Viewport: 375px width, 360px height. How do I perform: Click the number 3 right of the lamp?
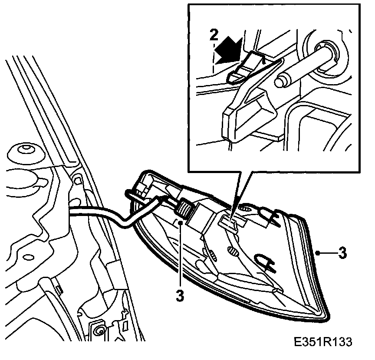click(343, 253)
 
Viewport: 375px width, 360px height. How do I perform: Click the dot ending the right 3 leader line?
click(318, 252)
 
